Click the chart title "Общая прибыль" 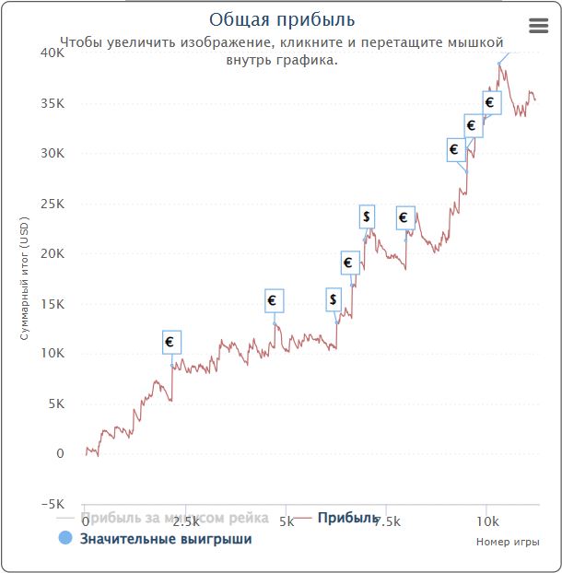[x=281, y=19]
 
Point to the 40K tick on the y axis [x=52, y=53]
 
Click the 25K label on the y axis [x=52, y=204]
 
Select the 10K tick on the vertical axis [x=52, y=354]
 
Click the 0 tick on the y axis [x=60, y=454]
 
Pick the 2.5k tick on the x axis [x=185, y=521]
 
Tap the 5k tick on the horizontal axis [x=287, y=521]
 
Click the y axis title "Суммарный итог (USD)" [x=25, y=279]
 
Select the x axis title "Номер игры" [x=507, y=542]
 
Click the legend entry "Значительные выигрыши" [x=166, y=539]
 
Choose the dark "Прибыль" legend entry [x=348, y=518]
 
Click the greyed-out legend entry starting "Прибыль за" [x=175, y=518]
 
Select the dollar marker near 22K [x=367, y=216]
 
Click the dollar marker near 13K [x=334, y=299]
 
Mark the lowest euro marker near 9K [x=170, y=342]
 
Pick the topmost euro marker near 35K [x=490, y=102]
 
